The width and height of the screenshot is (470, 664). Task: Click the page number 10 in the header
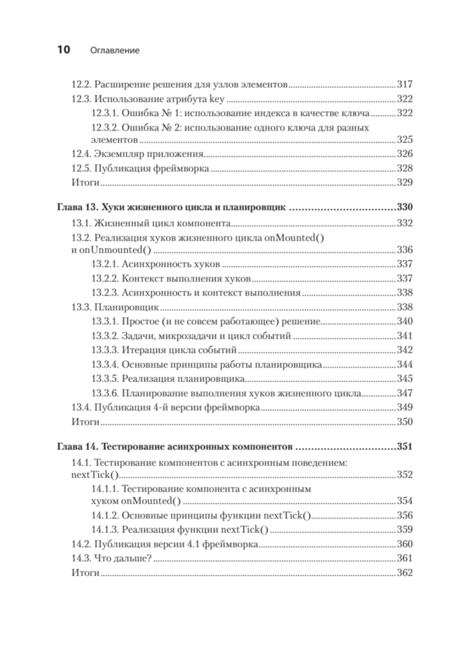63,49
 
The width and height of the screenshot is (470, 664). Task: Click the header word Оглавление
114,50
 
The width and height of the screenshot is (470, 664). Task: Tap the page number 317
405,85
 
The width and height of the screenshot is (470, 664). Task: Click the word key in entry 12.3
217,99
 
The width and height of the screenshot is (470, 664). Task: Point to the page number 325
405,140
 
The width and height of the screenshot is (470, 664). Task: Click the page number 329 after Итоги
405,182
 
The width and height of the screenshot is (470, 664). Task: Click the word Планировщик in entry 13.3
126,307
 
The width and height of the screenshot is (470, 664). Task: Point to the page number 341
405,336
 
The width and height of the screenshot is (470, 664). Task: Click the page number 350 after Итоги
405,422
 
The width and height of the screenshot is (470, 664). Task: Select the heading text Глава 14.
77,447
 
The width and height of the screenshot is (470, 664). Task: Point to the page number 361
405,558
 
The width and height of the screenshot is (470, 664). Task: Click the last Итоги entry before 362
86,573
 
